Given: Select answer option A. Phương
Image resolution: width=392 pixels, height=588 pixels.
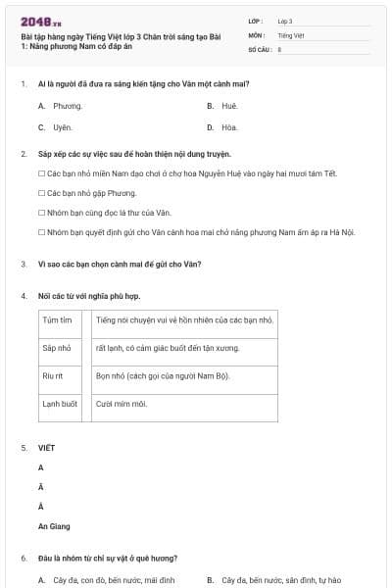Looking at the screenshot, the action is (60, 105).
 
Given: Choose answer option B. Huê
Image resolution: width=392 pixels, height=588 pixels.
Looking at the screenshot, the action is (224, 105).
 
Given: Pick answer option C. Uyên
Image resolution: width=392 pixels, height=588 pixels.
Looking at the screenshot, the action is (56, 127).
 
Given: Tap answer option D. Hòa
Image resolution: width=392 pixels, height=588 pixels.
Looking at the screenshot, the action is (223, 127).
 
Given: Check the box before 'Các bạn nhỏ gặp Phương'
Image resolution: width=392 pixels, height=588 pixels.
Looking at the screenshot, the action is (41, 193).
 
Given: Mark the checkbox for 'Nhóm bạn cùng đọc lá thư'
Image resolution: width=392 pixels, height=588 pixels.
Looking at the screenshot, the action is (41, 213).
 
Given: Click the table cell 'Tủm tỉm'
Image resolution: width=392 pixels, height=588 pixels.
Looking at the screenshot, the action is (58, 320).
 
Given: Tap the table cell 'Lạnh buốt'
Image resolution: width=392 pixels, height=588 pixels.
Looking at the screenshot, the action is (60, 403).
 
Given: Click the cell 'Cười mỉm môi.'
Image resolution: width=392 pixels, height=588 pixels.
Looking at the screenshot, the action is (122, 403).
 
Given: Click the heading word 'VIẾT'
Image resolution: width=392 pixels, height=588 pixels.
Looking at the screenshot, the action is (46, 448).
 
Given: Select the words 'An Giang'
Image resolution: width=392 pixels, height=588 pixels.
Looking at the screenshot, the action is (54, 526).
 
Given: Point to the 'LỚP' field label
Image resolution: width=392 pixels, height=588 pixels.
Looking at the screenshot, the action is (256, 21).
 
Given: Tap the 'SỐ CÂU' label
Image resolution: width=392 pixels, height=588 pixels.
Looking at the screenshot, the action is (260, 48).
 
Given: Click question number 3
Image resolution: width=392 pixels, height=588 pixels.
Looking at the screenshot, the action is (24, 264).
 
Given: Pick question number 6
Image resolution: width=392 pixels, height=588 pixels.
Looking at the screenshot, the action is (24, 559).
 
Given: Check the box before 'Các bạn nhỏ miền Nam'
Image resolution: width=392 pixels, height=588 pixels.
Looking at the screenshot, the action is (41, 173).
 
